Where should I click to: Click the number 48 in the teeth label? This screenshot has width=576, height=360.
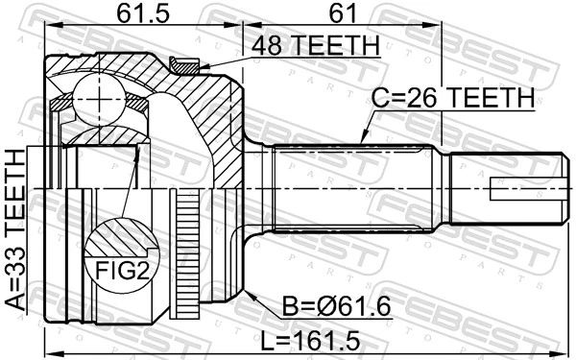click(x=265, y=46)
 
